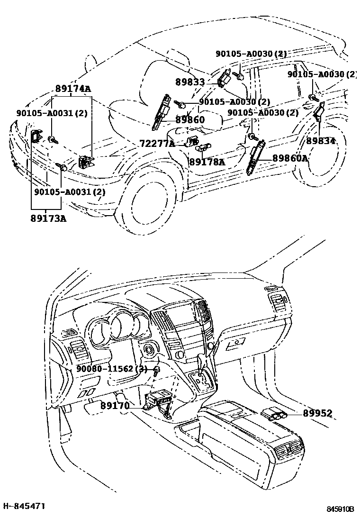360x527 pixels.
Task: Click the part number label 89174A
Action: pos(73,89)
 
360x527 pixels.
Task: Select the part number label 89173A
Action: pos(48,218)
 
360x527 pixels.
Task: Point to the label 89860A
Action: pos(290,158)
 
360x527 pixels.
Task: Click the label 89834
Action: pos(320,141)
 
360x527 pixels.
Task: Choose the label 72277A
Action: pos(157,143)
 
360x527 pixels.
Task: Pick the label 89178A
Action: pos(207,162)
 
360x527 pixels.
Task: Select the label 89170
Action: pos(115,406)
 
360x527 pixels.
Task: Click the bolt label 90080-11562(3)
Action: pos(112,369)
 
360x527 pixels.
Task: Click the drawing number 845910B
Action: pos(340,509)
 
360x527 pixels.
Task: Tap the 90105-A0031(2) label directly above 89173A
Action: pos(70,192)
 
